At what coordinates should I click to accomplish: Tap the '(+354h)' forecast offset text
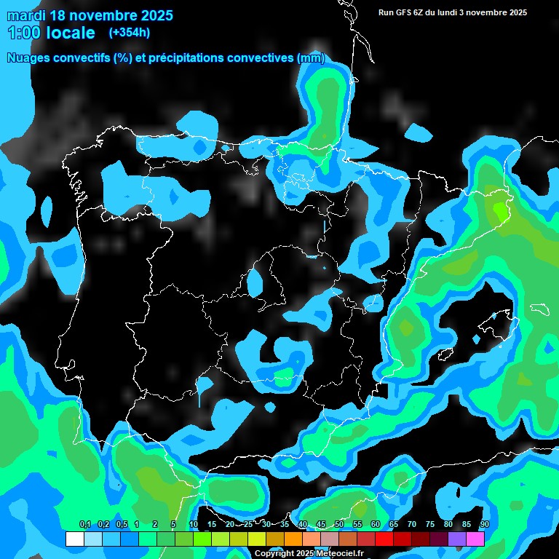tap(130, 33)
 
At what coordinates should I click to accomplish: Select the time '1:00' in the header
tap(23, 33)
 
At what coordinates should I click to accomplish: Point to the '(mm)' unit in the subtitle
tap(312, 58)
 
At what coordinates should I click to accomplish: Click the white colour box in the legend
tap(74, 539)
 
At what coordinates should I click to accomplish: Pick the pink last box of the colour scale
tap(475, 539)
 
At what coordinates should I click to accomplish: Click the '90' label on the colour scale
tap(484, 525)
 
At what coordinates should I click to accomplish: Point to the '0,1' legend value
tap(84, 525)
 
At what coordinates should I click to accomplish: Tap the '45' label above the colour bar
tap(321, 525)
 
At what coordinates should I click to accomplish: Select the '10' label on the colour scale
tap(193, 525)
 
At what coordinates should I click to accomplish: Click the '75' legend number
tap(429, 525)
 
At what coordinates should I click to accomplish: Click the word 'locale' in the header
tap(71, 33)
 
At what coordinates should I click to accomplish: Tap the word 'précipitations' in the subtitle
tap(185, 58)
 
